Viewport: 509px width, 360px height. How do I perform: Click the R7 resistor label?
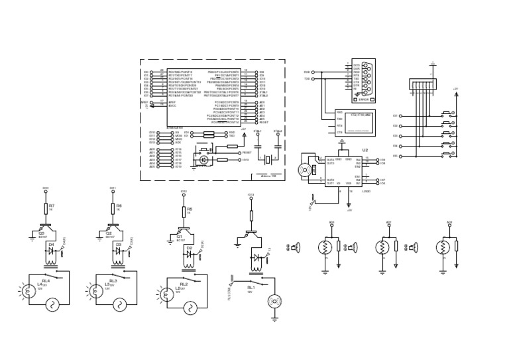(52, 206)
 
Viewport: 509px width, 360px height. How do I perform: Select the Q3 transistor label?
(41, 233)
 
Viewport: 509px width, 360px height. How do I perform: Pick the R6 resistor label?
(119, 206)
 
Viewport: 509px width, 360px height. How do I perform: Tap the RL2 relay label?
(183, 283)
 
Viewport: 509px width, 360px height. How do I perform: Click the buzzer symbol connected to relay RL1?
(274, 302)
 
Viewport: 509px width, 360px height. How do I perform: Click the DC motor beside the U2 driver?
(305, 170)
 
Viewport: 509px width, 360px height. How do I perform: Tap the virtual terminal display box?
(356, 123)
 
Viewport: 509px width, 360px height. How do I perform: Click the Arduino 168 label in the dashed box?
(269, 176)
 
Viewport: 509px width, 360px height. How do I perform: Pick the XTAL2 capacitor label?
(278, 131)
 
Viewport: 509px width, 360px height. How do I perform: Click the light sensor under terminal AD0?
(325, 247)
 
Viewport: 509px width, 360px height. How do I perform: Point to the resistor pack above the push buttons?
(422, 84)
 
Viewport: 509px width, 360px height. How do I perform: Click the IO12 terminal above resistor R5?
(184, 192)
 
